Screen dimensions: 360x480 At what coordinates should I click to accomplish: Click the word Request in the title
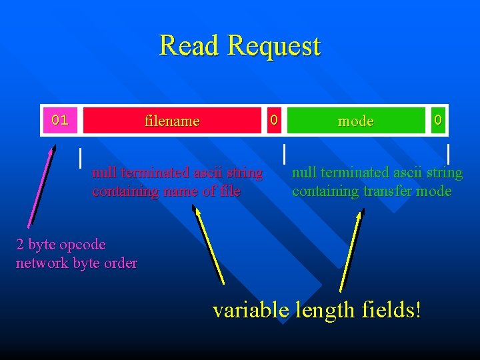(273, 47)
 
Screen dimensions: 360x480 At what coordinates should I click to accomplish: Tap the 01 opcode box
(60, 120)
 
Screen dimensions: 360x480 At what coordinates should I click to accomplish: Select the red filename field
(172, 121)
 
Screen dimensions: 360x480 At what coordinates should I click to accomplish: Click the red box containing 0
(273, 120)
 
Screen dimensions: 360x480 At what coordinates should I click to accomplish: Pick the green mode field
(355, 121)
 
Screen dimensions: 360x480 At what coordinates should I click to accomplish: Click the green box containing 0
(438, 120)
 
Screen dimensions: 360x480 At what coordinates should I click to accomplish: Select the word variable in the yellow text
(251, 309)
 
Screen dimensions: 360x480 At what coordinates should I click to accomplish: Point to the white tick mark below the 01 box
(81, 157)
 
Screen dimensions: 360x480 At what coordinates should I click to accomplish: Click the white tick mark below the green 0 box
(448, 153)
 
